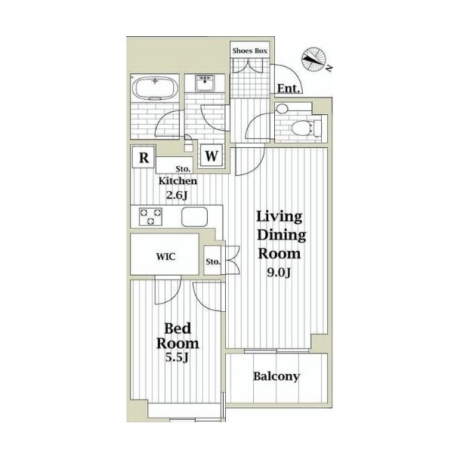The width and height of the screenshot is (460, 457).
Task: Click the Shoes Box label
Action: pyautogui.click(x=250, y=51)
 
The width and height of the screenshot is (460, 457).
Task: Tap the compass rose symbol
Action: pyautogui.click(x=313, y=59)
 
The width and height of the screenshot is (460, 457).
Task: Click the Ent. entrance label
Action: pyautogui.click(x=289, y=88)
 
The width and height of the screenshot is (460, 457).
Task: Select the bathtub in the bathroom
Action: pyautogui.click(x=155, y=88)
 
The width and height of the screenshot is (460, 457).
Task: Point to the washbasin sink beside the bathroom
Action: pyautogui.click(x=205, y=83)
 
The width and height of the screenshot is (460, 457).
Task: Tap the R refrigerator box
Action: pyautogui.click(x=144, y=157)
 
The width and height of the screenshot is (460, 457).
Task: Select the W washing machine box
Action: pyautogui.click(x=211, y=156)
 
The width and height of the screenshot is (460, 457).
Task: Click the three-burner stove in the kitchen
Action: pyautogui.click(x=150, y=217)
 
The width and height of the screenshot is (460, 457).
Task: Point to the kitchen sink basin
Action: pyautogui.click(x=194, y=217)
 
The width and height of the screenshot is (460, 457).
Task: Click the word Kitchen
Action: pyautogui.click(x=178, y=181)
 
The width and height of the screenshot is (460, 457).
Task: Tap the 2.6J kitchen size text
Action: pyautogui.click(x=177, y=195)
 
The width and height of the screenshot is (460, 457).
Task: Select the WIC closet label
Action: pyautogui.click(x=166, y=257)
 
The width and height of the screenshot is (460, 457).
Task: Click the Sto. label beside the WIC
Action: pyautogui.click(x=213, y=261)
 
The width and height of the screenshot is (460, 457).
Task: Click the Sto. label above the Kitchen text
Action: pyautogui.click(x=183, y=169)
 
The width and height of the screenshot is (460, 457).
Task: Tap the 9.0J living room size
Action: pyautogui.click(x=279, y=273)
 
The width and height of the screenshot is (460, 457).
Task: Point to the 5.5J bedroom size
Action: pyautogui.click(x=177, y=357)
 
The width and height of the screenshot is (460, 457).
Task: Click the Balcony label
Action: pyautogui.click(x=276, y=376)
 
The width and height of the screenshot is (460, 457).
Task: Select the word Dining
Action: pyautogui.click(x=281, y=235)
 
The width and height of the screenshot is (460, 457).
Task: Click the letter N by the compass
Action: pyautogui.click(x=330, y=69)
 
